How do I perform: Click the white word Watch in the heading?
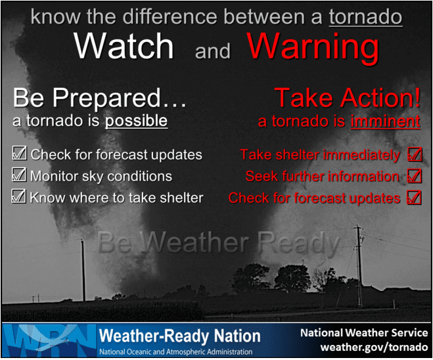[124, 46]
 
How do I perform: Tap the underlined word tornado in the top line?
[365, 17]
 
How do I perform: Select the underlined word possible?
[136, 121]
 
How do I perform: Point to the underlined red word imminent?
[386, 121]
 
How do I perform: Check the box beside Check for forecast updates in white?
[19, 153]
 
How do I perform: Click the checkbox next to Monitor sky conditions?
[19, 175]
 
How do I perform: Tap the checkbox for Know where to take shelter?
[18, 196]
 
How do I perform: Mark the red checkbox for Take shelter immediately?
[415, 154]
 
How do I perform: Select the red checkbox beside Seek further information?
[415, 176]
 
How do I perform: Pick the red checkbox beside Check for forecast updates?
[414, 197]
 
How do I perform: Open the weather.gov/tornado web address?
[374, 347]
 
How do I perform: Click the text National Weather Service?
[364, 332]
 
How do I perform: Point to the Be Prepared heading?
[100, 97]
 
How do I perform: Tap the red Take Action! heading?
[348, 97]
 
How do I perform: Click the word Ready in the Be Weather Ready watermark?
[298, 243]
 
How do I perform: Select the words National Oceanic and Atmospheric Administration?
[176, 351]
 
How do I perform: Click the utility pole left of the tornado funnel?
[83, 270]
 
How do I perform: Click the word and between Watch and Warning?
[213, 51]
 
